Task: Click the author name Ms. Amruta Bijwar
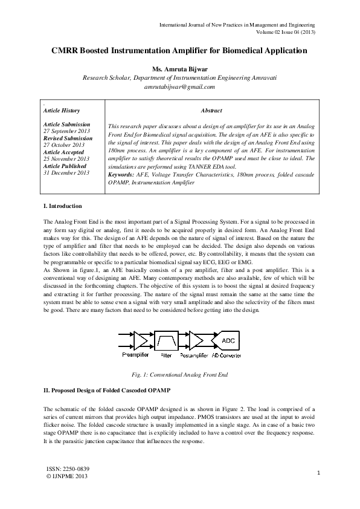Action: (x=179, y=69)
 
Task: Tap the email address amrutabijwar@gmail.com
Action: (x=179, y=87)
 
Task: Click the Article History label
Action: (x=62, y=111)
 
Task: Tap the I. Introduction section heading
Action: (x=63, y=207)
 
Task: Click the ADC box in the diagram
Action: (x=229, y=340)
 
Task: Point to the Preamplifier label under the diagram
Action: (x=135, y=355)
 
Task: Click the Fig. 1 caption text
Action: (x=179, y=375)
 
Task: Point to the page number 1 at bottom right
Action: (x=318, y=473)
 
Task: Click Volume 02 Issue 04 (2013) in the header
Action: (x=286, y=32)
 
